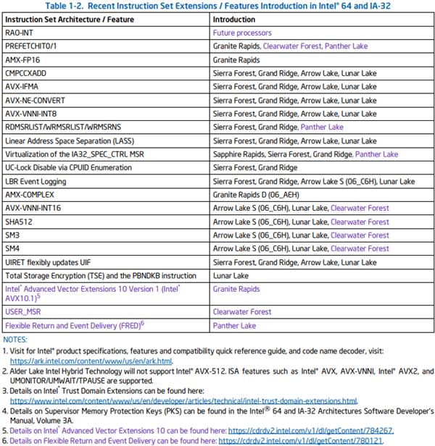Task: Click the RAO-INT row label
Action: click(20, 33)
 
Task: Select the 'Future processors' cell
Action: click(242, 33)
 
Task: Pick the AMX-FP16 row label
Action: click(23, 60)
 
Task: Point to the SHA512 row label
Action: click(18, 222)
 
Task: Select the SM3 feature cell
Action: click(12, 235)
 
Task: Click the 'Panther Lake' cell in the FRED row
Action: click(234, 326)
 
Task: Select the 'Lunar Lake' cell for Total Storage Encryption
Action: click(231, 276)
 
